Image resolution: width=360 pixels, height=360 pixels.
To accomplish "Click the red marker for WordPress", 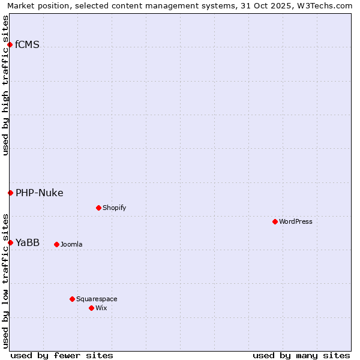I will [275, 221].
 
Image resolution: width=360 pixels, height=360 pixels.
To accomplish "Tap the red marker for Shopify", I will [98, 208].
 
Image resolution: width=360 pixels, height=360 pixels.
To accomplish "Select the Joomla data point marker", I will [56, 244].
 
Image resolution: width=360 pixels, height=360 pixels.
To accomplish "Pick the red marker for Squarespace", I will [72, 299].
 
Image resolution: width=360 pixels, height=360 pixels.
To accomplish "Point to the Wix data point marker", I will [91, 308].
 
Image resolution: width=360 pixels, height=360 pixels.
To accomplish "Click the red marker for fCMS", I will [10, 44].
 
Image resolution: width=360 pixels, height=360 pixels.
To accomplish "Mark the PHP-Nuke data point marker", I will [10, 193].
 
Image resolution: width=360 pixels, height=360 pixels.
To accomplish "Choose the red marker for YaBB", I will [10, 242].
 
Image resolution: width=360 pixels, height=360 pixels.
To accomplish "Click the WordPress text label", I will [296, 221].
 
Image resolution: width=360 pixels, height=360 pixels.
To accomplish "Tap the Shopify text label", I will [114, 208].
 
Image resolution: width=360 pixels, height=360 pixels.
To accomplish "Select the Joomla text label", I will [71, 244].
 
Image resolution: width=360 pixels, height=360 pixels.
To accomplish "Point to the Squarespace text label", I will [97, 299].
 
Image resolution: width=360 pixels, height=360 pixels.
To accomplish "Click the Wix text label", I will [101, 308].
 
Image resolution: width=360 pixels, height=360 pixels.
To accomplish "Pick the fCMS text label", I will [28, 44].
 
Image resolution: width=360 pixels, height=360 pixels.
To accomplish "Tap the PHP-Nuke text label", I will [40, 193].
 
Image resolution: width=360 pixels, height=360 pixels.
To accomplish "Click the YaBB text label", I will [28, 242].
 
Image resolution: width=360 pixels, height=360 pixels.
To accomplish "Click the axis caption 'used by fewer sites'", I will [62, 355].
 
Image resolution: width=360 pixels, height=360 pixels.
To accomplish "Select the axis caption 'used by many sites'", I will [301, 355].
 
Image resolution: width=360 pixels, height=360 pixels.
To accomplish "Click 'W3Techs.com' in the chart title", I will [323, 5].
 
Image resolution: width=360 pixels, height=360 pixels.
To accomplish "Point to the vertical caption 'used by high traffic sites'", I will [5, 85].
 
